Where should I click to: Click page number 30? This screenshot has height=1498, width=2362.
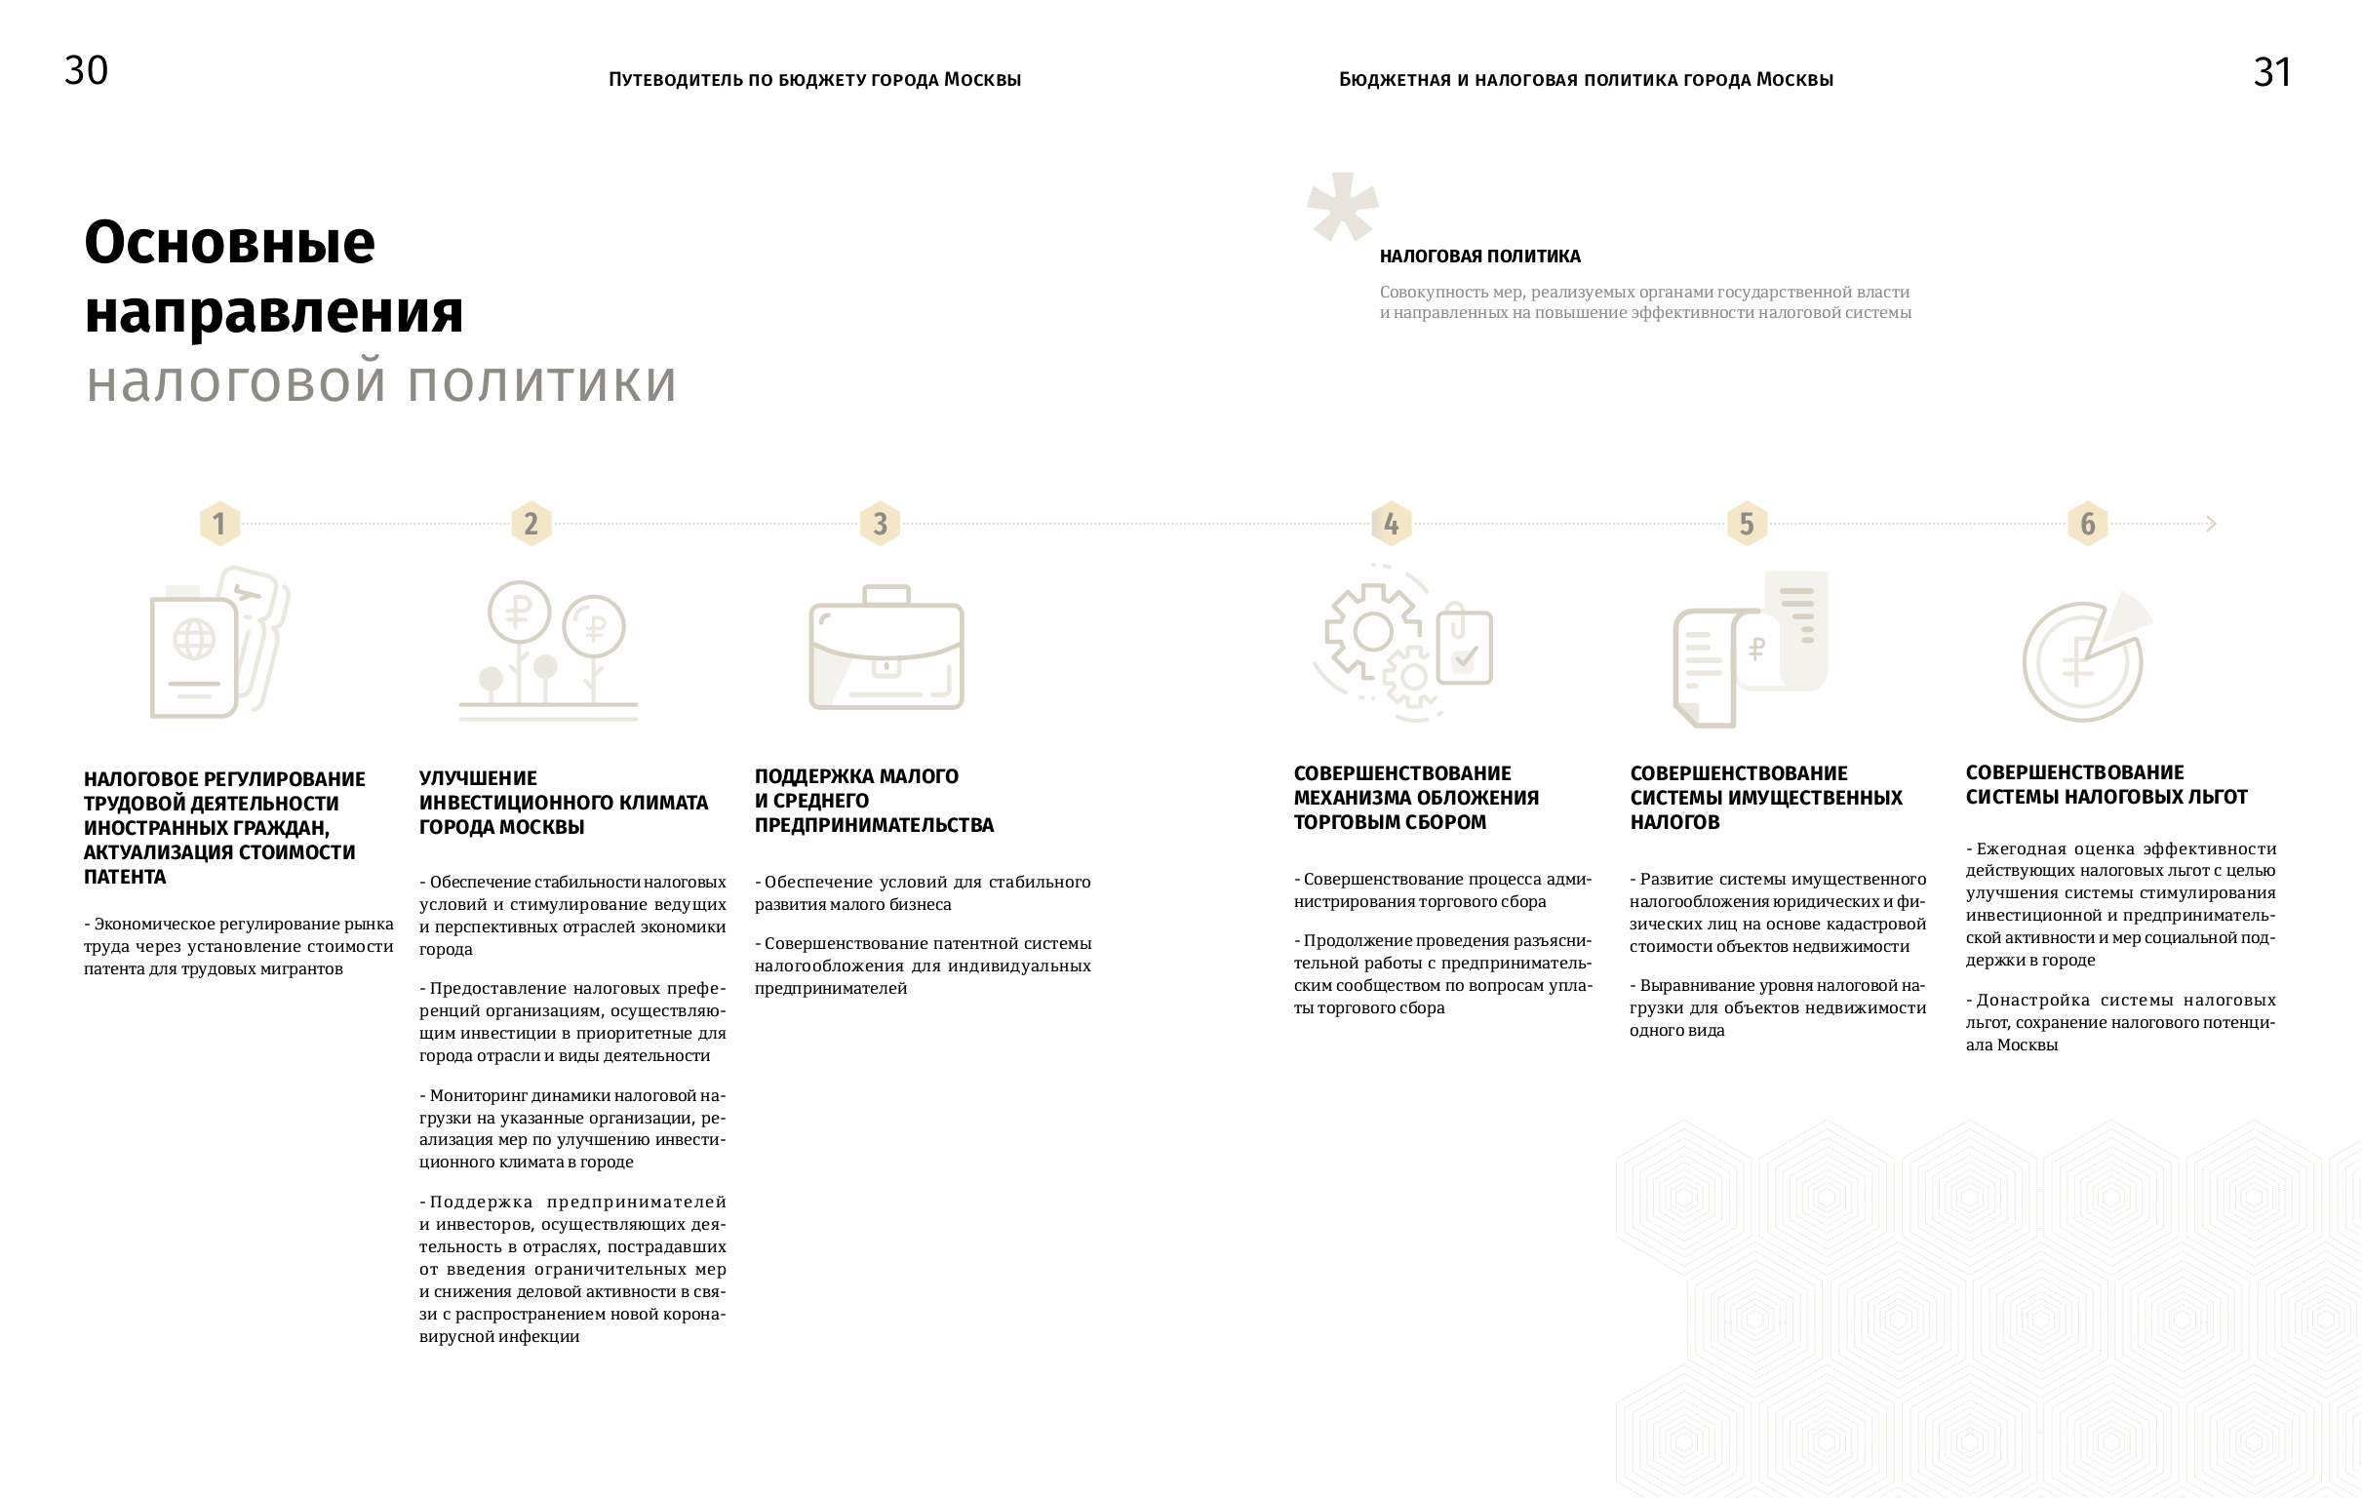click(87, 70)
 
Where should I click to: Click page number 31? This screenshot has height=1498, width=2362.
click(2271, 72)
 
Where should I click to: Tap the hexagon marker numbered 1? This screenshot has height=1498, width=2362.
click(219, 524)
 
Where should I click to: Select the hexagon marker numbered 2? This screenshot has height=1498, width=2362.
click(531, 524)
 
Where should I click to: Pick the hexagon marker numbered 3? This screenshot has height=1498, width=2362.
click(880, 524)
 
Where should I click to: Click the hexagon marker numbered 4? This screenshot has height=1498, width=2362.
click(1391, 524)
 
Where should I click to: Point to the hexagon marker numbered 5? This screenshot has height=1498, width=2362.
click(1746, 524)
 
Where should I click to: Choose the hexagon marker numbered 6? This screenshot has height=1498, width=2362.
click(2087, 524)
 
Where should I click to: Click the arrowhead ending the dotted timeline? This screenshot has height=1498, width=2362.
click(2211, 524)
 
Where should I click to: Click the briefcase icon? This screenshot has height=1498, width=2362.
click(886, 650)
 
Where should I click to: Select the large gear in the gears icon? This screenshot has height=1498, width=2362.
click(1372, 632)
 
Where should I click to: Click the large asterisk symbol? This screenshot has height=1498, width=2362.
click(1342, 206)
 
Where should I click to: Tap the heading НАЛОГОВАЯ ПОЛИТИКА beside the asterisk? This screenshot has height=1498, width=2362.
click(1479, 257)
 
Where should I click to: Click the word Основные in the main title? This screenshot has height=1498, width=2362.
click(229, 242)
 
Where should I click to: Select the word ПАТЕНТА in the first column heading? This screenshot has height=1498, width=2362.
click(125, 877)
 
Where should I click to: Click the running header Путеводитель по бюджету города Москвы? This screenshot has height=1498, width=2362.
click(814, 79)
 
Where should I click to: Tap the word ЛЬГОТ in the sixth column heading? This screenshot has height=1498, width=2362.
click(2216, 798)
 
